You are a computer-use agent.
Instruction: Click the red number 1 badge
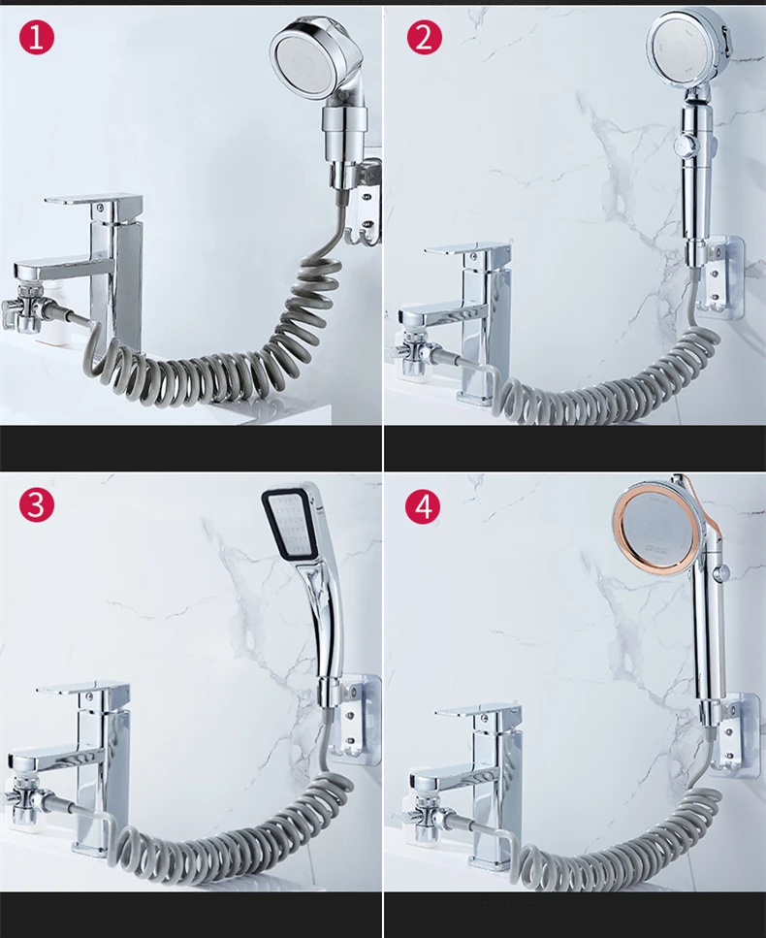tap(37, 37)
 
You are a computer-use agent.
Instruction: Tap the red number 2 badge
tap(424, 37)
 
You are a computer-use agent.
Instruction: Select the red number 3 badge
tap(37, 504)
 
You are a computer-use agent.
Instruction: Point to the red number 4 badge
tap(424, 506)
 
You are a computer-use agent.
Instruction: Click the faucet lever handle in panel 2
tap(467, 250)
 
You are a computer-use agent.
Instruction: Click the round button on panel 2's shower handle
tap(683, 145)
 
